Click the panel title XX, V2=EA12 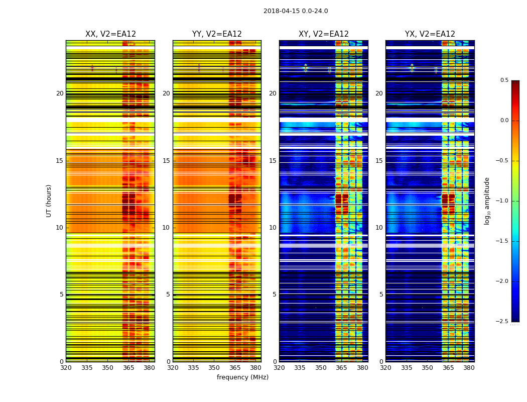(110, 34)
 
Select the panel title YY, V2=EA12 (217, 34)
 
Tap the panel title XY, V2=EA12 (323, 34)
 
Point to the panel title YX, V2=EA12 (430, 34)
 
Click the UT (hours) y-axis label (49, 200)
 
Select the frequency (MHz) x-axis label (242, 377)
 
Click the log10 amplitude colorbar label (486, 201)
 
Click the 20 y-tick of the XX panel (60, 93)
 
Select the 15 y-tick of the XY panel (273, 161)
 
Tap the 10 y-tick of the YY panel (166, 228)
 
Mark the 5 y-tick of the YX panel (381, 294)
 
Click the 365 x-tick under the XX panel (128, 368)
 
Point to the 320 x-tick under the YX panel (385, 368)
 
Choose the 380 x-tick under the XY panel (362, 368)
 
